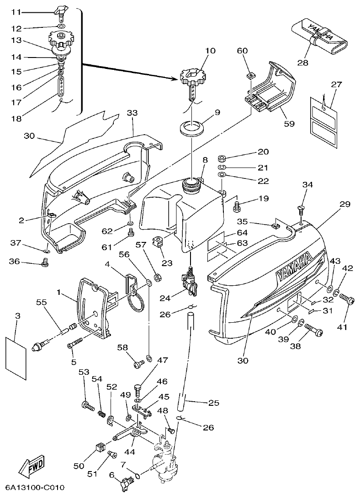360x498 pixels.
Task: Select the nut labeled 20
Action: point(221,158)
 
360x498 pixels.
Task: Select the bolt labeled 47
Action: point(138,389)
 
